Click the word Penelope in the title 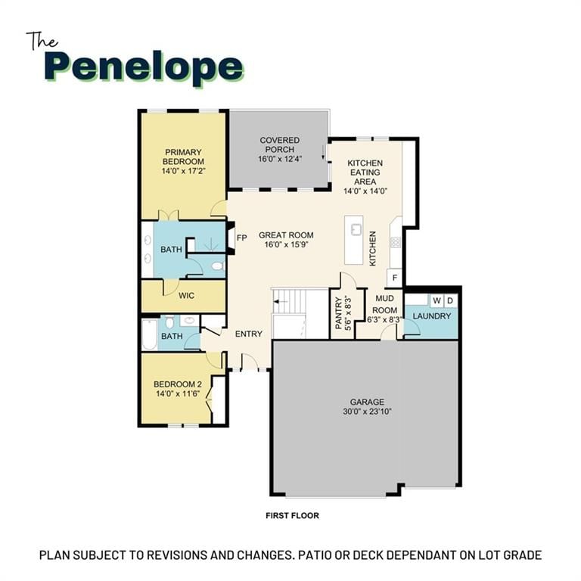(144, 69)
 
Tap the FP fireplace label (241, 238)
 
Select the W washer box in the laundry (437, 301)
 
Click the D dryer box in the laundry (450, 301)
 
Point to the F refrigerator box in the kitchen (395, 278)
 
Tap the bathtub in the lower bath (149, 334)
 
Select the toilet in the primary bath (217, 266)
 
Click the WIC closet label (186, 296)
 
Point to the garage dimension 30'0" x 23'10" (367, 412)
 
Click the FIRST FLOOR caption (292, 515)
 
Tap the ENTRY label (249, 334)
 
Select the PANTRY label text (338, 313)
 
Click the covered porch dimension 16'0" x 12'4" (280, 159)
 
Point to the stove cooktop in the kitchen (396, 242)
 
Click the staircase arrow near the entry (282, 302)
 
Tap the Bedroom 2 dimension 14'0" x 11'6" (178, 393)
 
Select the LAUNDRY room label (432, 316)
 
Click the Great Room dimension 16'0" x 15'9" (286, 244)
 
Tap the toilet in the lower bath (169, 322)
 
